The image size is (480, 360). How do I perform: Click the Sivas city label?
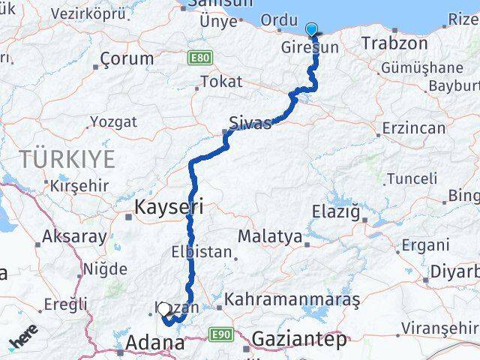[250, 124]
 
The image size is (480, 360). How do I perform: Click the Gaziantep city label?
[299, 340]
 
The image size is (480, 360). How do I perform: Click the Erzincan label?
[413, 129]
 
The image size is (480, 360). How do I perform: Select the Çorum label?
[126, 58]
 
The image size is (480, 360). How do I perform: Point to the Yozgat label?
[114, 121]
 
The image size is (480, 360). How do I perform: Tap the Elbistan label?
[201, 252]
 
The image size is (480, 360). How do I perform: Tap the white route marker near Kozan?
[163, 308]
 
